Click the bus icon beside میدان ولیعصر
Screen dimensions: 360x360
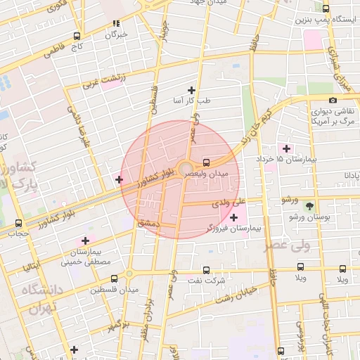[205, 161]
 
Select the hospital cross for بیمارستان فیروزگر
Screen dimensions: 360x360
[233, 218]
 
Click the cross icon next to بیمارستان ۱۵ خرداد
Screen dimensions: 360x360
[286, 148]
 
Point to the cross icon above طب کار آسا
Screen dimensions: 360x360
[191, 90]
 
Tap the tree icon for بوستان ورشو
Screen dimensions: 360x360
[309, 206]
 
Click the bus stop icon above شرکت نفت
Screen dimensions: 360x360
[205, 269]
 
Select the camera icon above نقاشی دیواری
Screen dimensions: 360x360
[333, 101]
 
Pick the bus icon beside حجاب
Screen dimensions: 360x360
[18, 222]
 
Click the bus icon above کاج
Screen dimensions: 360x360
[77, 35]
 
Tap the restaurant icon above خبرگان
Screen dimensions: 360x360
[115, 23]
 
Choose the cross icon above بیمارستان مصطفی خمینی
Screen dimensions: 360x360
[85, 241]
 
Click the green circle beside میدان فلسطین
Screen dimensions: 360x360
[129, 274]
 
